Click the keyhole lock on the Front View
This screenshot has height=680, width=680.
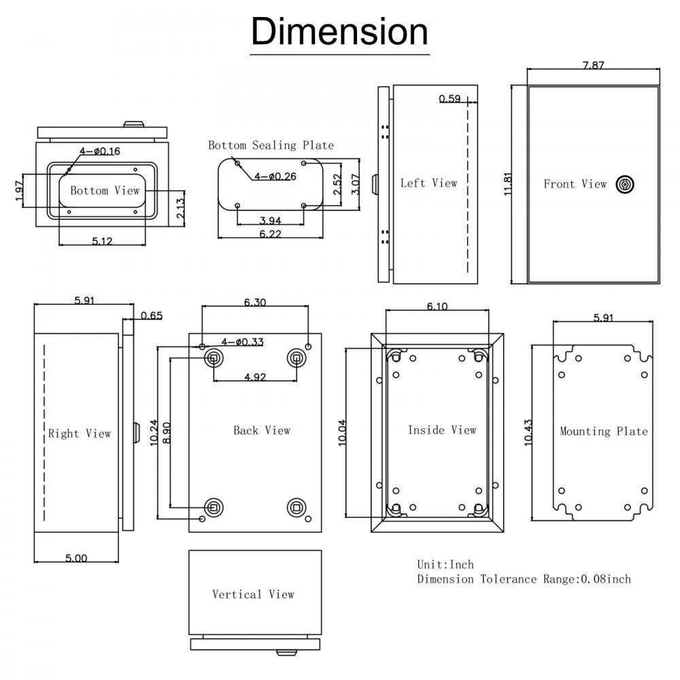pos(624,184)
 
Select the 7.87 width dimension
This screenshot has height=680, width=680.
pos(593,65)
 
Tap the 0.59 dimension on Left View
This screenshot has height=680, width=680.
pos(449,99)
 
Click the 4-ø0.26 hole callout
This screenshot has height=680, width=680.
pos(275,177)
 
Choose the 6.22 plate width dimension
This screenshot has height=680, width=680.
pos(271,233)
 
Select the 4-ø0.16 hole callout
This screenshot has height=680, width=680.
pos(100,151)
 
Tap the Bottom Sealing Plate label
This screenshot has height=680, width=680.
pos(271,146)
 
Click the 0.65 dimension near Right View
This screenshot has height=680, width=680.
pos(151,316)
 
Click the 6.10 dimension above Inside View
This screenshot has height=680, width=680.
pos(437,307)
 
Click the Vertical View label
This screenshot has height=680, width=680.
pos(253,594)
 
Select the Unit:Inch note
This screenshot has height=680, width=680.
pos(445,564)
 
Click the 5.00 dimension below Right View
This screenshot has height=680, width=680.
pos(76,558)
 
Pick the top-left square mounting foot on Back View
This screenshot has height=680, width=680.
pos(214,358)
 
